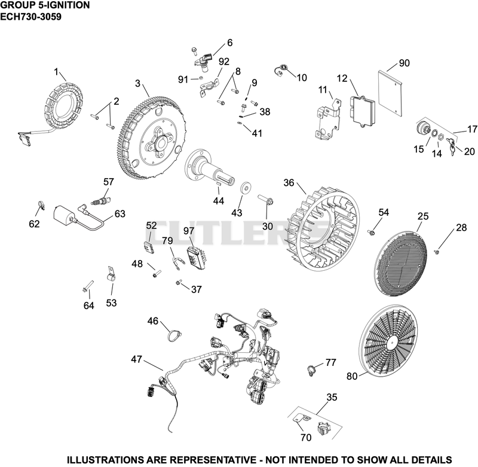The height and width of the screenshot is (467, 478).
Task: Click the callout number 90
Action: [x=404, y=63]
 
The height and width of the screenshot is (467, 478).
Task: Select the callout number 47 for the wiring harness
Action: [x=137, y=359]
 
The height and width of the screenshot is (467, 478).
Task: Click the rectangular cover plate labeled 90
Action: [x=390, y=94]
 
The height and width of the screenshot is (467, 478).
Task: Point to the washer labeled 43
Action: [x=245, y=188]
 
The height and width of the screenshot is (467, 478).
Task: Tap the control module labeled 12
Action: [x=363, y=111]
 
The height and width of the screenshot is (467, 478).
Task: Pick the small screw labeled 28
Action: [x=437, y=252]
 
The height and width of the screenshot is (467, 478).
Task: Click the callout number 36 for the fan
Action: [x=289, y=183]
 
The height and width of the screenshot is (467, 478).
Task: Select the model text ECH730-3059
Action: [x=31, y=17]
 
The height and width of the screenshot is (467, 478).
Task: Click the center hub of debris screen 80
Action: [x=393, y=343]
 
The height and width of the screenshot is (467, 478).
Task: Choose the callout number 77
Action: [x=331, y=362]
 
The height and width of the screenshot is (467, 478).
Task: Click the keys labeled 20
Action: [x=452, y=146]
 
